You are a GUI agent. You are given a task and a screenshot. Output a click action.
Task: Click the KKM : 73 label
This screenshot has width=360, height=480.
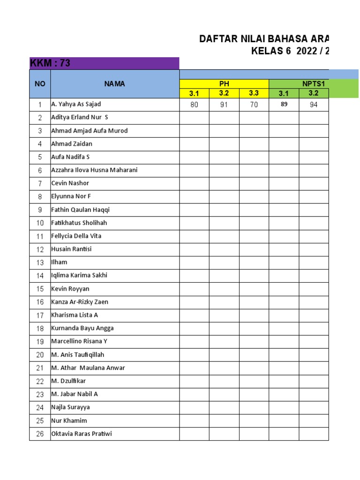coord(50,63)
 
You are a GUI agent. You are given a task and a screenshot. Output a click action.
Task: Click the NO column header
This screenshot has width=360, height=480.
coord(40,84)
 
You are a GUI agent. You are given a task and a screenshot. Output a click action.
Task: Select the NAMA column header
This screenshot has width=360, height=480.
coord(115,84)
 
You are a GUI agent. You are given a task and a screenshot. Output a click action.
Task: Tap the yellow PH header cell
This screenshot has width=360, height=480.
coord(224,84)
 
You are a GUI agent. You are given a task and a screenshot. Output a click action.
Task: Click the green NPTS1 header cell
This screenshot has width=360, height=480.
coord(314,84)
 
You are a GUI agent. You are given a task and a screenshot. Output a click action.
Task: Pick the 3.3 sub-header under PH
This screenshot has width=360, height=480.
coord(254,93)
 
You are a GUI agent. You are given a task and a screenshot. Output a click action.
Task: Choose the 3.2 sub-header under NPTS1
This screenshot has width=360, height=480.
coord(314,93)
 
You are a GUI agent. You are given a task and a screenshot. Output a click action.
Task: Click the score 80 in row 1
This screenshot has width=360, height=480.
coord(194,105)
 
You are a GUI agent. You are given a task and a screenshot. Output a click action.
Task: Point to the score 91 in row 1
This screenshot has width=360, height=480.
coord(224,105)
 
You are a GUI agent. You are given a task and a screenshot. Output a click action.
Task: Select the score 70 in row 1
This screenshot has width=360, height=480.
coord(254,105)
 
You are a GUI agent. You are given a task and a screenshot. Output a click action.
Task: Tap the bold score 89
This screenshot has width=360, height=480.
coord(284,105)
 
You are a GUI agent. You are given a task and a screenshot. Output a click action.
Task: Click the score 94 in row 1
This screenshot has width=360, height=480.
coord(314,105)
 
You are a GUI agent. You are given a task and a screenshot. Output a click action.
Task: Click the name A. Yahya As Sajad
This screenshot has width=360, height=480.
coord(76,104)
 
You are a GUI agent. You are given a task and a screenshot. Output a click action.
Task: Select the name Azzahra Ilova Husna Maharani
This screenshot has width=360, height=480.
coord(94,170)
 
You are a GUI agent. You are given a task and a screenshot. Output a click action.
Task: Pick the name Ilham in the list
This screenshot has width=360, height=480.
coord(59,262)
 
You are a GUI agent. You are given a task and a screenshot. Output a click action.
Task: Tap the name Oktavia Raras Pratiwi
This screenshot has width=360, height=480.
coord(82,434)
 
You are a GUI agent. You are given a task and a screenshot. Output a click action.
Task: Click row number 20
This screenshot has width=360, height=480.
coord(40,355)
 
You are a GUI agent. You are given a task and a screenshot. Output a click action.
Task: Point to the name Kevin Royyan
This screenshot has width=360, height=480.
coord(70,289)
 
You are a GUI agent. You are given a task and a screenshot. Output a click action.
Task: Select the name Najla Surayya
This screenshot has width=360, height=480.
coord(70,407)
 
